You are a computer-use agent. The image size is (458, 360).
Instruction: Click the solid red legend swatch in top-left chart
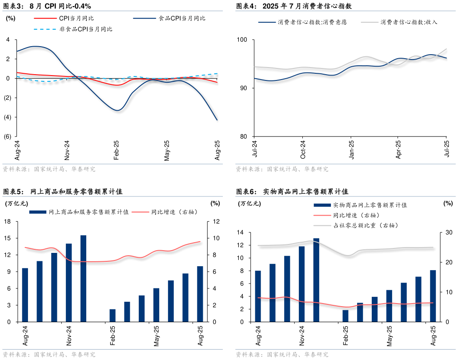tap(45, 19)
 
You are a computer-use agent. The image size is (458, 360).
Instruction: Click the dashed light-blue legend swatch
tap(45, 29)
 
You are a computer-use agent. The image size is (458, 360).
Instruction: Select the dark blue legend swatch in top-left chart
tap(145, 19)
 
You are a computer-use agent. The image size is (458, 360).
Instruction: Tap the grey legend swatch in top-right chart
tap(370, 22)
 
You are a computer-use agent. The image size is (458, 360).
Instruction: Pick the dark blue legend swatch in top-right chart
tap(267, 22)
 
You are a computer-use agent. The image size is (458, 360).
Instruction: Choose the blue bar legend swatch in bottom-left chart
tap(38, 212)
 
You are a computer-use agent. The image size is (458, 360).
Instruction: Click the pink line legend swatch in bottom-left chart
tap(140, 212)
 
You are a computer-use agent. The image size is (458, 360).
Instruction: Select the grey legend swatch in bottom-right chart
tap(322, 226)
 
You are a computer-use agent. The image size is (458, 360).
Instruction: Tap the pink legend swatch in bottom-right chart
tap(322, 215)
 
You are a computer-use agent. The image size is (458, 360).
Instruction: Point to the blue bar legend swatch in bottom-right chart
tap(322, 205)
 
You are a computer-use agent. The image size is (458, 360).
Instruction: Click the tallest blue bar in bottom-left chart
tap(83, 278)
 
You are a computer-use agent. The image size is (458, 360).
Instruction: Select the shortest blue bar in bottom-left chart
tap(112, 315)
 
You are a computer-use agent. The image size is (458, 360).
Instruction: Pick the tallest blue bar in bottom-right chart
tap(316, 280)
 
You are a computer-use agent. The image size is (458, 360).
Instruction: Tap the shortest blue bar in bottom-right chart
tap(346, 316)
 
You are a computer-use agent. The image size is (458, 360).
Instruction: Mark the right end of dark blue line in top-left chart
tap(217, 120)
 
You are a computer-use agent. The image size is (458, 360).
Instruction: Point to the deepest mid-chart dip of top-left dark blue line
tap(118, 110)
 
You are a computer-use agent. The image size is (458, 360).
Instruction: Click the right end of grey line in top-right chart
tap(446, 48)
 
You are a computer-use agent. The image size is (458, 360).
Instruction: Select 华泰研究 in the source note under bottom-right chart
tap(316, 355)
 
